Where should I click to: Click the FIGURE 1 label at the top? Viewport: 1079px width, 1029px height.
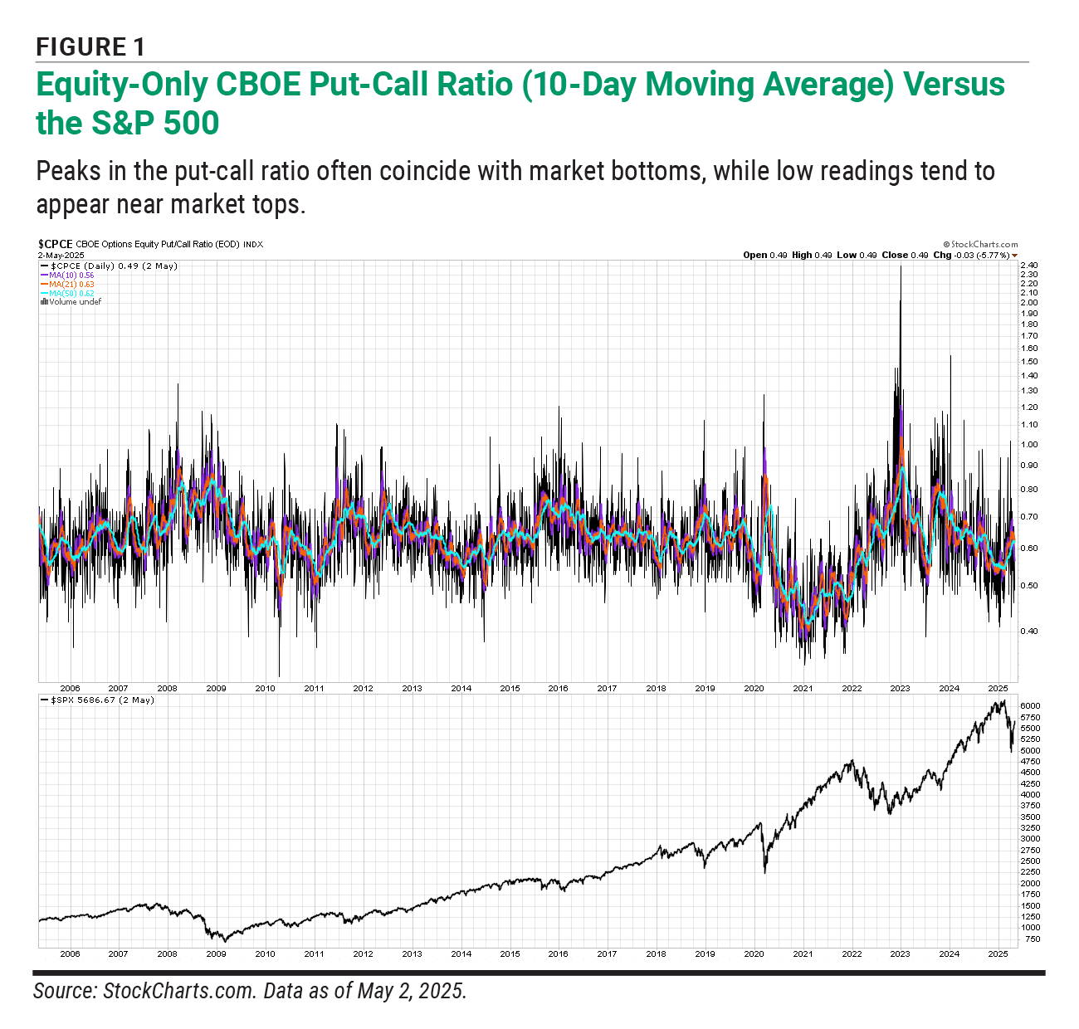(90, 46)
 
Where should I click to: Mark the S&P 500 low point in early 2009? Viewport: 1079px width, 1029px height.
(223, 941)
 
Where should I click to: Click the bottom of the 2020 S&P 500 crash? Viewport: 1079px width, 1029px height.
(764, 871)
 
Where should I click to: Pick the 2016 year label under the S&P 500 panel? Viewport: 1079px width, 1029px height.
(558, 953)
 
